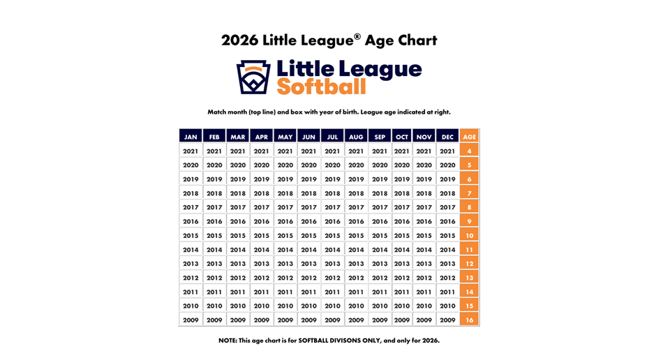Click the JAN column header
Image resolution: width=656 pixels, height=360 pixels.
click(191, 137)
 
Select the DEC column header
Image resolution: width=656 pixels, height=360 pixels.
click(447, 137)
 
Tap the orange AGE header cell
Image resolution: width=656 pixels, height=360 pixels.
click(470, 137)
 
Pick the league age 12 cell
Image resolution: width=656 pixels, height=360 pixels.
click(470, 264)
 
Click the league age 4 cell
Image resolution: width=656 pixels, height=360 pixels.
click(470, 151)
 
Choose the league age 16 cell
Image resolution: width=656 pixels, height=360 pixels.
click(470, 320)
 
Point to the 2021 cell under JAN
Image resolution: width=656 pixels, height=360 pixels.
click(191, 151)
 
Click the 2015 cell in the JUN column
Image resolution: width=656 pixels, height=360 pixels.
click(308, 236)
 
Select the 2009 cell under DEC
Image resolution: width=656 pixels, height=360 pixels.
click(447, 320)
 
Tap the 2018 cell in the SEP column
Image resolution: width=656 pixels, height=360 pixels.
click(380, 193)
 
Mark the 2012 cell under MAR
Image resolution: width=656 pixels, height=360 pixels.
click(238, 278)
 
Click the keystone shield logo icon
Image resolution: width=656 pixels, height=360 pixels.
click(253, 77)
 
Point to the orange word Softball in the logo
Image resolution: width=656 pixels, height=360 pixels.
click(321, 87)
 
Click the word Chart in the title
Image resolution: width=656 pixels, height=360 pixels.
click(417, 40)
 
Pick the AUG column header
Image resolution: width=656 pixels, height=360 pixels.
click(356, 137)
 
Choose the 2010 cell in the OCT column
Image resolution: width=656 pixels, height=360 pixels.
click(402, 306)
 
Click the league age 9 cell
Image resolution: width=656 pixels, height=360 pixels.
click(470, 221)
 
